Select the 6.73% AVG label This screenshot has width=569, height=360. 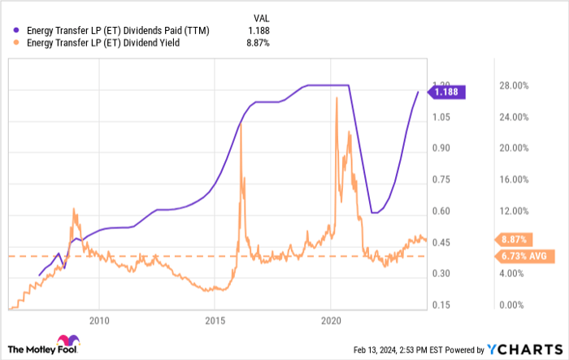[519, 256]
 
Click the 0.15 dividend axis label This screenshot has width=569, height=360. [440, 305]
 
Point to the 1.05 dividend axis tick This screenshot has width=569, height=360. [440, 117]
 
